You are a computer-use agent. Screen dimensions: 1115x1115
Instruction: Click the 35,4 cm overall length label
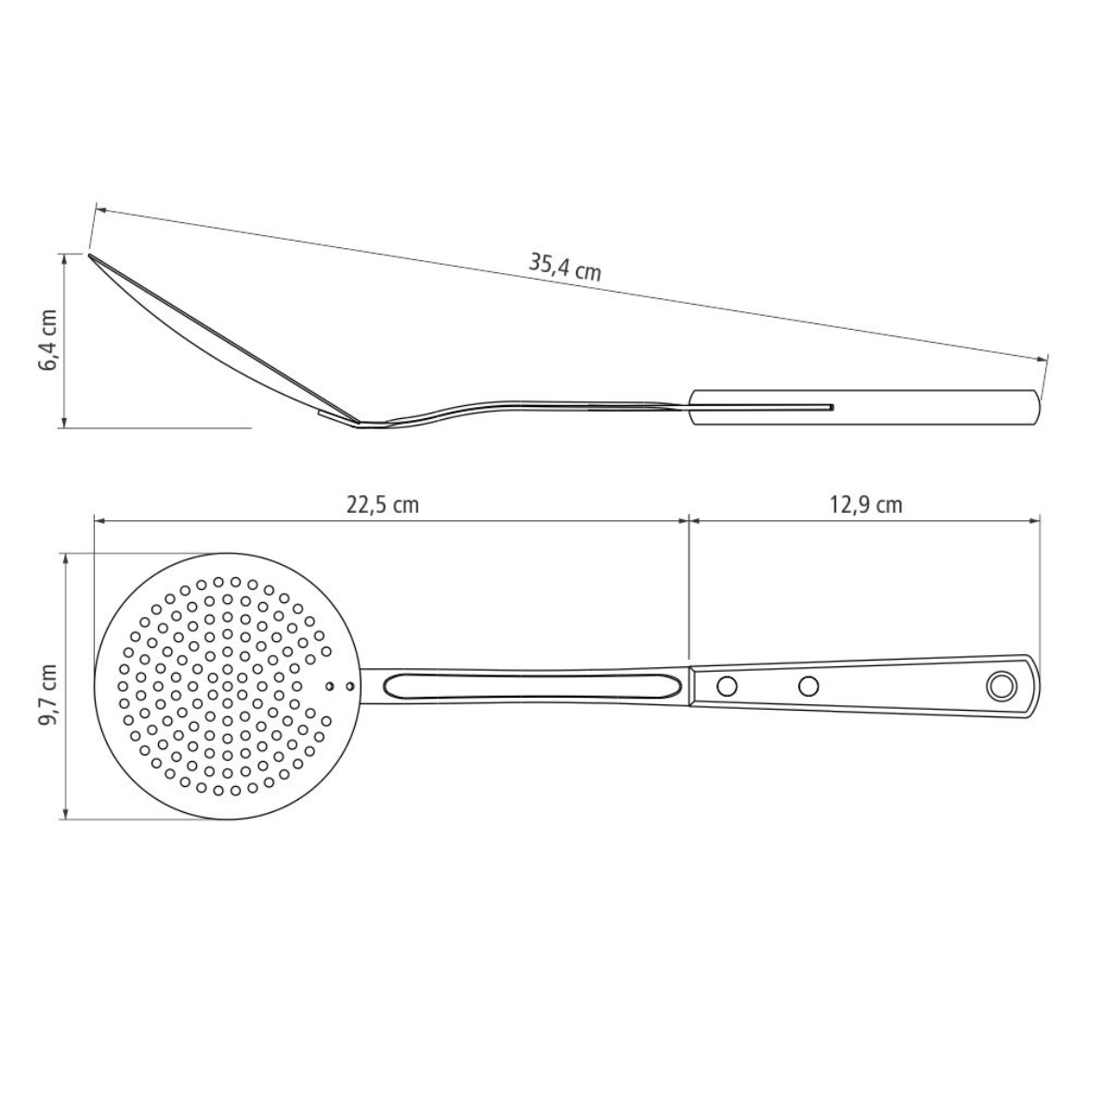click(x=565, y=267)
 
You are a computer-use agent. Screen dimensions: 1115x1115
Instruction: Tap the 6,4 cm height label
click(x=48, y=340)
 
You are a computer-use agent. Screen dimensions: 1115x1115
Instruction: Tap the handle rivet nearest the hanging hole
click(x=809, y=687)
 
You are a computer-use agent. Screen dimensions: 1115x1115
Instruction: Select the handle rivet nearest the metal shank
click(x=728, y=687)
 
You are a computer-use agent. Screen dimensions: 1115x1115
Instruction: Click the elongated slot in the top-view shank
click(x=530, y=687)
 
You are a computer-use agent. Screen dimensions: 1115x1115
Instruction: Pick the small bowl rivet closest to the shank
click(x=349, y=687)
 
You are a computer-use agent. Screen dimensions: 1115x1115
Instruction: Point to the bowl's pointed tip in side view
click(x=90, y=254)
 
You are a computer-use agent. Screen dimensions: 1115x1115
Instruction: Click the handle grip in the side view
click(x=864, y=407)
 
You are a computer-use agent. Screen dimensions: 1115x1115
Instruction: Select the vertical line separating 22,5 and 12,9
click(x=689, y=585)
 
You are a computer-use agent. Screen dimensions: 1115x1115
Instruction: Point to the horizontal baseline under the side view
click(x=158, y=428)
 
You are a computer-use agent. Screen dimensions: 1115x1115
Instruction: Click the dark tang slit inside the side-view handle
click(x=762, y=407)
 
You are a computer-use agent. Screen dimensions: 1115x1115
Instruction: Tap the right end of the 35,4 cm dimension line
click(x=1044, y=358)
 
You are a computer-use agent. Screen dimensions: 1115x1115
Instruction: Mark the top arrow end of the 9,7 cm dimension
click(x=65, y=556)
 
